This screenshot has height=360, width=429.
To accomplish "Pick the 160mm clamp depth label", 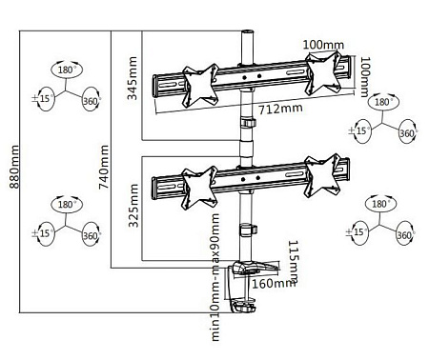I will click(275, 282).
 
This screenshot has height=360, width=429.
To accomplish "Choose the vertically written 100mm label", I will click(365, 75).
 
